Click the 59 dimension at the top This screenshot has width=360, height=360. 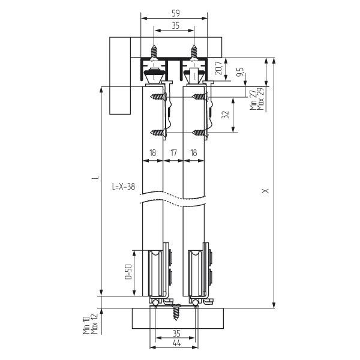tap(176, 14)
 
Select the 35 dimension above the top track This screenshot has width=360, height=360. tap(176, 26)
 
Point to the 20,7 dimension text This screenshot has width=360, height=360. tap(219, 67)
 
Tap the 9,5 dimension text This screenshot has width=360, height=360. tap(241, 72)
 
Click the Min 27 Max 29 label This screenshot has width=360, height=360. tap(257, 99)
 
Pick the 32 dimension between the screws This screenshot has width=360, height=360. tap(226, 115)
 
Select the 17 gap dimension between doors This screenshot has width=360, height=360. tap(173, 152)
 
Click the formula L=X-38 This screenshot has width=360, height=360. tap(124, 187)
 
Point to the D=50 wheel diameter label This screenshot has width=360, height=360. tap(128, 272)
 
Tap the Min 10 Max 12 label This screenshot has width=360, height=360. tap(91, 325)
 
